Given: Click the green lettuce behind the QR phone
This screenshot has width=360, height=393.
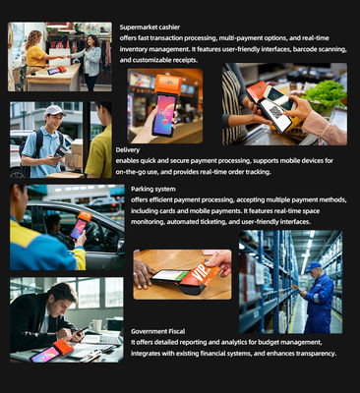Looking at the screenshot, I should (x=326, y=94).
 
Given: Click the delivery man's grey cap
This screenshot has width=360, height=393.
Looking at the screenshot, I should (x=54, y=110).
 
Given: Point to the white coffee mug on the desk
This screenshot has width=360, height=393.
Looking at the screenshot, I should (x=95, y=325).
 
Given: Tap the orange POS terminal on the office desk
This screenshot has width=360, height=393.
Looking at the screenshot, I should (x=63, y=348).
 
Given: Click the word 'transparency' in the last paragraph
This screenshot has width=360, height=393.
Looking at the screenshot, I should (x=310, y=354).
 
